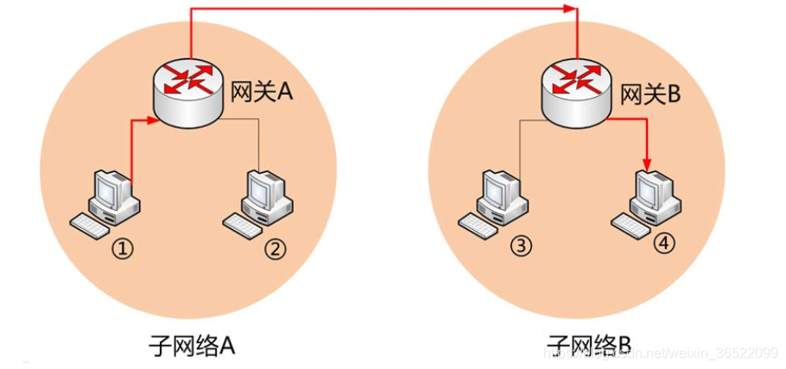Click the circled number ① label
[124, 249]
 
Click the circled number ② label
[274, 249]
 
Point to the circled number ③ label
[521, 245]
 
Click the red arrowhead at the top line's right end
[570, 9]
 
